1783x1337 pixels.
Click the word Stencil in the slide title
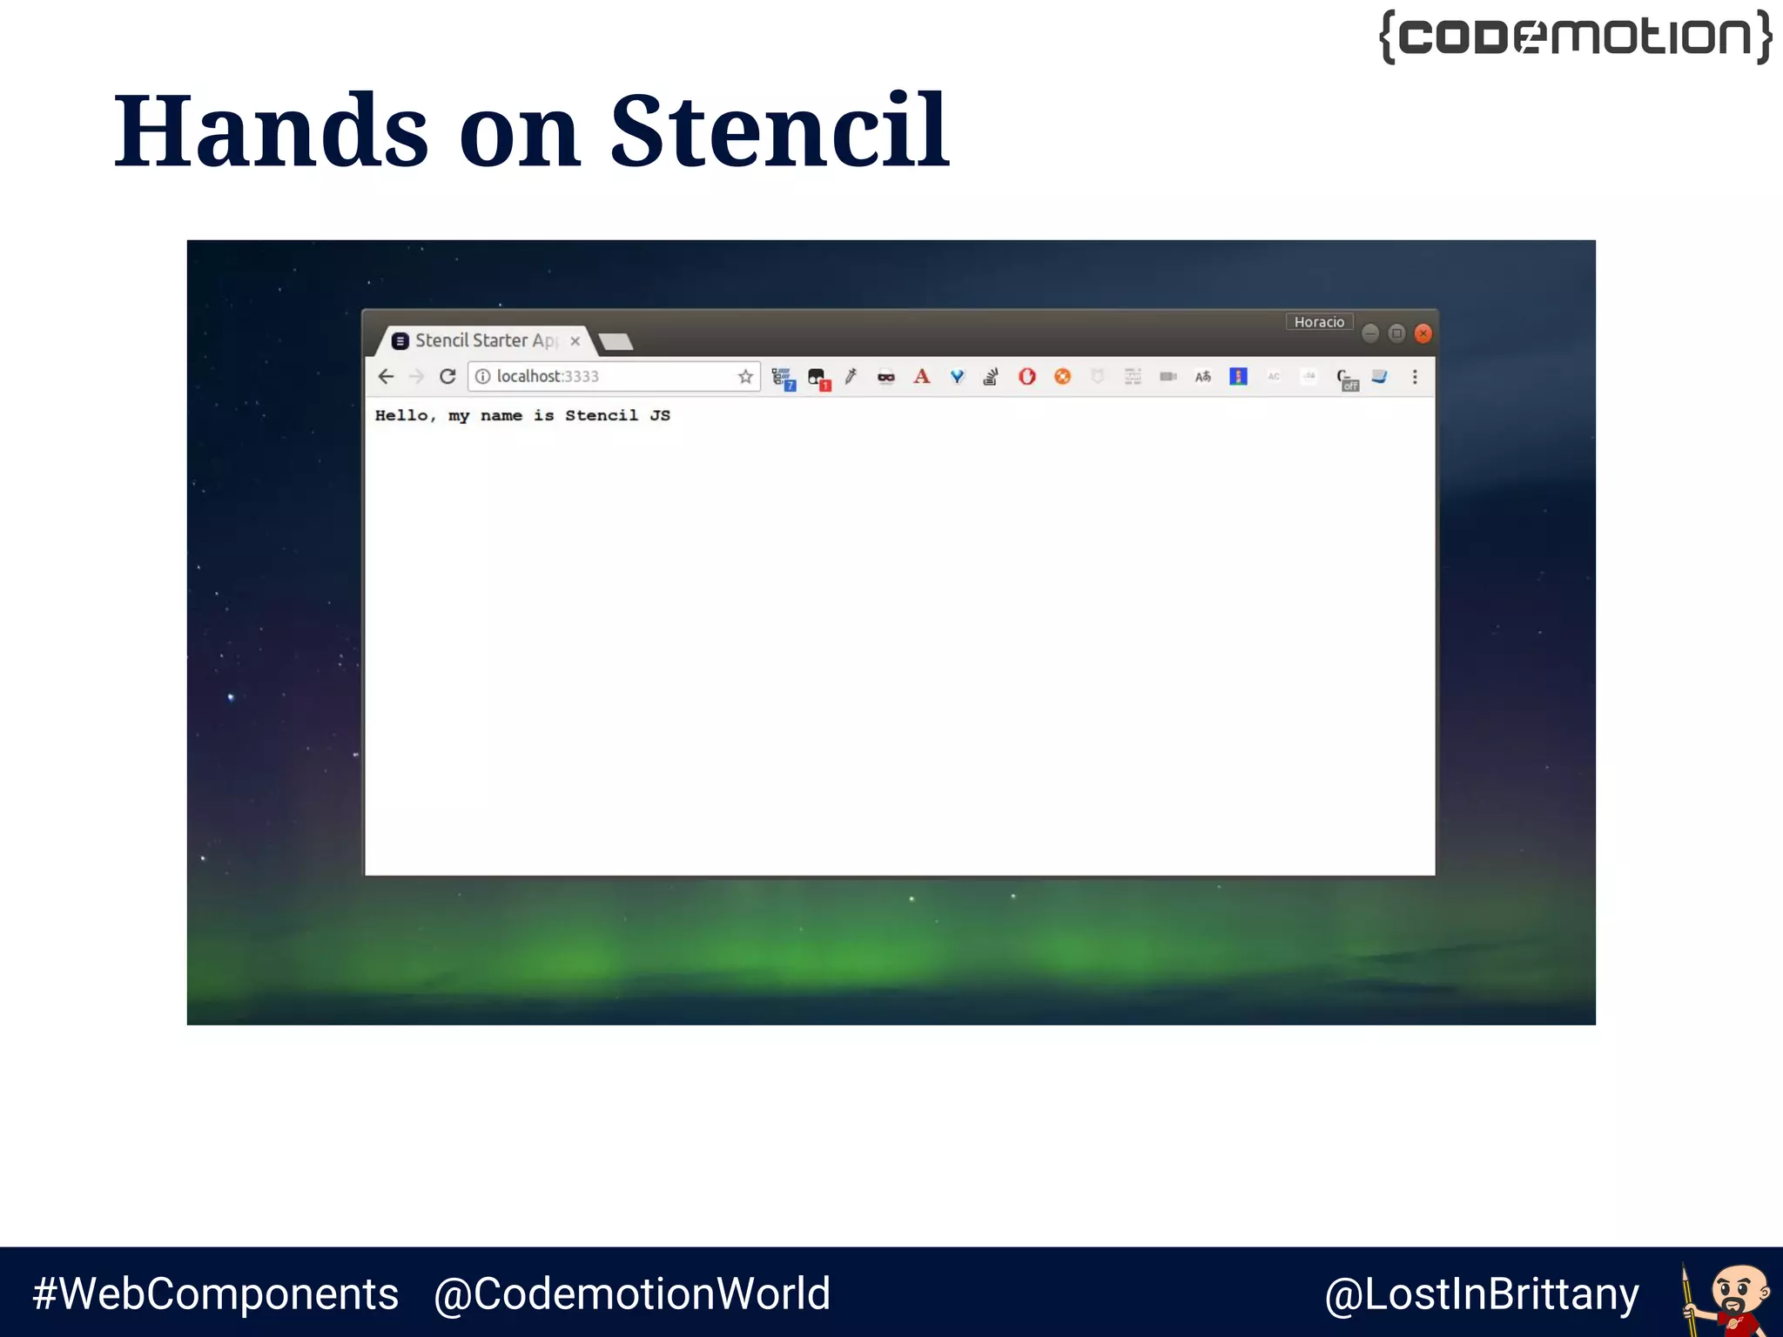tap(779, 132)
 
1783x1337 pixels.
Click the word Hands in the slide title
tap(271, 132)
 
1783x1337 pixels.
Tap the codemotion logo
tap(1575, 37)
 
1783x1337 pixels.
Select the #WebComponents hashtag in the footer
tap(215, 1293)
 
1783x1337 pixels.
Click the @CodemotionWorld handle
tap(631, 1293)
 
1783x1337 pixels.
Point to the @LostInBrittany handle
tap(1481, 1293)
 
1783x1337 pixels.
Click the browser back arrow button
tap(386, 376)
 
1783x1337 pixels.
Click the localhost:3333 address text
tap(548, 376)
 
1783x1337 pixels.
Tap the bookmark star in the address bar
tap(745, 376)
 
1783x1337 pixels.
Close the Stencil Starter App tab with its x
tap(575, 341)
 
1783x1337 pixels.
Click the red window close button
tap(1423, 333)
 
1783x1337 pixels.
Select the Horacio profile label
tap(1319, 322)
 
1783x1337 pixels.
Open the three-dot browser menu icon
tap(1415, 377)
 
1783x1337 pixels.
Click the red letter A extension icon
tap(921, 376)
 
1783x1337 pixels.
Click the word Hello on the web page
tap(401, 415)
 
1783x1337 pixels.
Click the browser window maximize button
tap(1396, 333)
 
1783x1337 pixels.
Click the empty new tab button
tap(616, 341)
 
